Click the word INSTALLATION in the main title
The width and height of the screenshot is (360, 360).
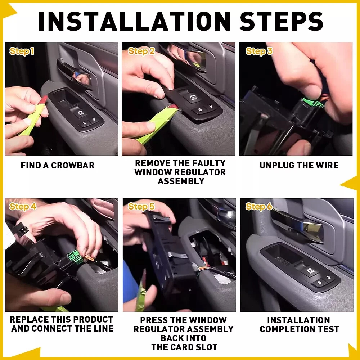pyautogui.click(x=135, y=21)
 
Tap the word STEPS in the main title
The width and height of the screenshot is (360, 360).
pyautogui.click(x=282, y=21)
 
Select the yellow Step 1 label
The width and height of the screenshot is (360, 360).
pyautogui.click(x=22, y=51)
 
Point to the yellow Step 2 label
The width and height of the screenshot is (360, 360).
pyautogui.click(x=141, y=51)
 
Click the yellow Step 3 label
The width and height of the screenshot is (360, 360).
pyautogui.click(x=259, y=51)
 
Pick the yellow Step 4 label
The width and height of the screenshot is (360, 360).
pyautogui.click(x=23, y=206)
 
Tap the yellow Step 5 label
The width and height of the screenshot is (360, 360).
pyautogui.click(x=141, y=206)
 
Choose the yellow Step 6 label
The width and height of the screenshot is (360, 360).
pyautogui.click(x=259, y=206)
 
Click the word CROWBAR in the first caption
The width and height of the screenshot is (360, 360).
pyautogui.click(x=73, y=165)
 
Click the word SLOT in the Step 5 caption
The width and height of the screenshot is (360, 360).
pyautogui.click(x=208, y=347)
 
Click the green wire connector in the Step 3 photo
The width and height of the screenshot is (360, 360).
pyautogui.click(x=313, y=103)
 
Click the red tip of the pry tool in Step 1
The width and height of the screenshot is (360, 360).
pyautogui.click(x=44, y=100)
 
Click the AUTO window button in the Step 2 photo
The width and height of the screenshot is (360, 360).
pyautogui.click(x=194, y=98)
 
